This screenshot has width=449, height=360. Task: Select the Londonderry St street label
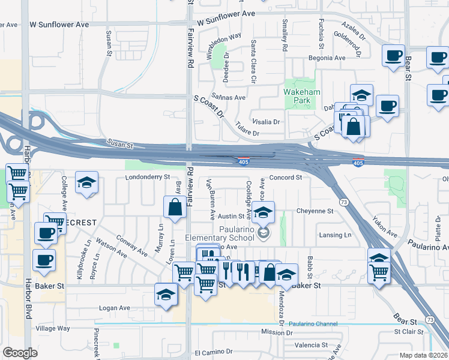[148, 178]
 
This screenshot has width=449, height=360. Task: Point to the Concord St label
[285, 178]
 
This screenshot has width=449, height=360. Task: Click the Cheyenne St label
[315, 211]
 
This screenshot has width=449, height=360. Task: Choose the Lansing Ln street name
[335, 236]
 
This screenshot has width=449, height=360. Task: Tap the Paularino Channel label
[312, 324]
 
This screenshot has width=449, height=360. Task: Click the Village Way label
[53, 329]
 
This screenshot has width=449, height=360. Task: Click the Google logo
[19, 353]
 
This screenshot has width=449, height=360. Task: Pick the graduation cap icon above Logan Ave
[166, 293]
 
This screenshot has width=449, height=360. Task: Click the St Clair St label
[409, 331]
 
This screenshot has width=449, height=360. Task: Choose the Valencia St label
[311, 346]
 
